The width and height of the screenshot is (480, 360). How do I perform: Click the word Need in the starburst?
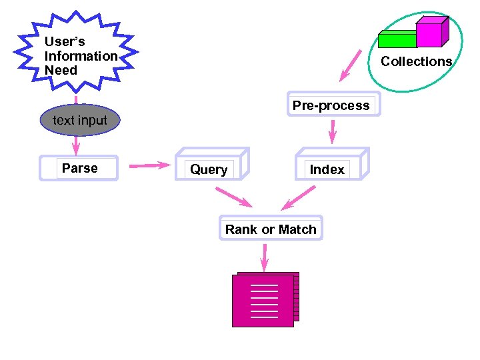point(61,71)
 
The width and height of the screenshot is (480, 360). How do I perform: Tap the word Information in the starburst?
point(81,56)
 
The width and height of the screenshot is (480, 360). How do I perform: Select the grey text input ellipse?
point(79,121)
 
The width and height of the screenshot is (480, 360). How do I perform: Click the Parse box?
point(79,168)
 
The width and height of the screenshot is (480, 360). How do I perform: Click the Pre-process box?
point(331,105)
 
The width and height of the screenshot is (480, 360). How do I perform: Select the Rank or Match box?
point(270,229)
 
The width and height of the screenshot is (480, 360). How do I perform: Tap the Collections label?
point(416,61)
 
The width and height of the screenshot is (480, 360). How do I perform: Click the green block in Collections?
point(397,40)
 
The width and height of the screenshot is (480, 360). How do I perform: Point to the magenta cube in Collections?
point(429,33)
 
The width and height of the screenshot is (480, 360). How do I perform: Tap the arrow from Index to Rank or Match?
point(299,197)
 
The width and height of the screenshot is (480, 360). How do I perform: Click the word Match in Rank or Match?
point(297,229)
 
